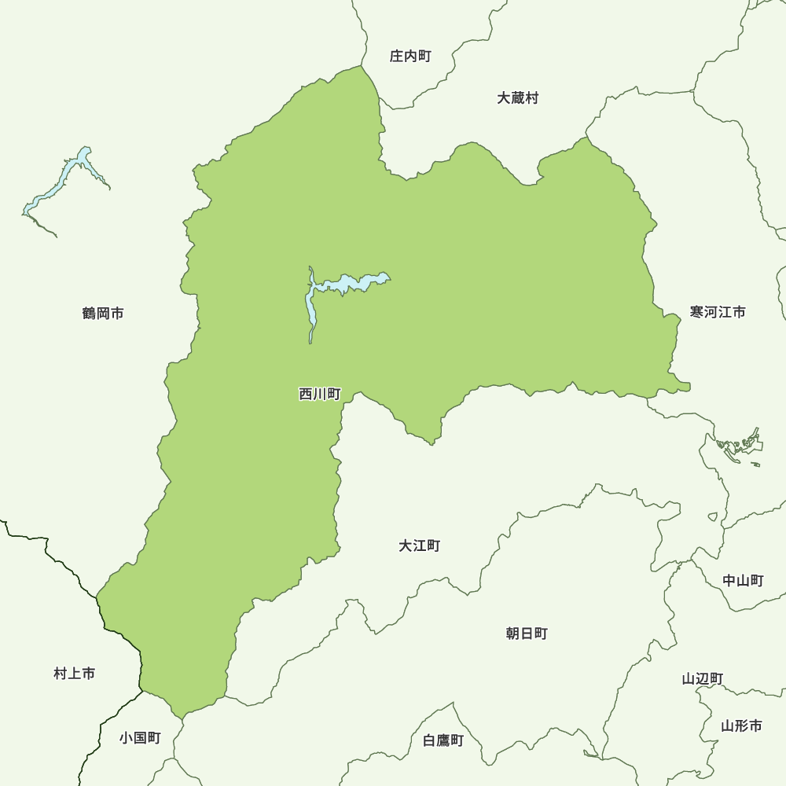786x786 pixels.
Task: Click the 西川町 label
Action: click(x=319, y=395)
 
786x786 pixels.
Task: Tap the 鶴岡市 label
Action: click(x=103, y=314)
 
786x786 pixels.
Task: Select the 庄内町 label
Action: click(x=410, y=57)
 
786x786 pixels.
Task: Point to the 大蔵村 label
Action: click(x=518, y=98)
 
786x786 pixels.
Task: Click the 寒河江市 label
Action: click(x=718, y=312)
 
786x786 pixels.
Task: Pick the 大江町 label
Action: click(x=419, y=545)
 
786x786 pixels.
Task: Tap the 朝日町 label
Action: click(x=527, y=634)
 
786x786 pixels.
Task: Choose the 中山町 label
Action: click(x=743, y=581)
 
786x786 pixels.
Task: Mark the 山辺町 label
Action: click(x=703, y=679)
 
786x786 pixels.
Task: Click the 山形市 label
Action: click(x=741, y=725)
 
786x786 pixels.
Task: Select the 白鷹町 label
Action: click(x=443, y=740)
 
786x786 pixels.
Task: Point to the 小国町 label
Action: click(x=140, y=738)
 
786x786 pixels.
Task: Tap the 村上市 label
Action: click(x=75, y=674)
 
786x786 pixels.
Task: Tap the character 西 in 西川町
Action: click(x=306, y=395)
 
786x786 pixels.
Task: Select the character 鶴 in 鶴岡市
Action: click(x=89, y=314)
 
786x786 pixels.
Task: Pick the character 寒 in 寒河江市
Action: click(x=697, y=312)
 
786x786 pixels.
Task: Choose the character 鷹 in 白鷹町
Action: click(x=443, y=740)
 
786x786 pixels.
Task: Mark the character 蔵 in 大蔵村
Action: click(x=518, y=98)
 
